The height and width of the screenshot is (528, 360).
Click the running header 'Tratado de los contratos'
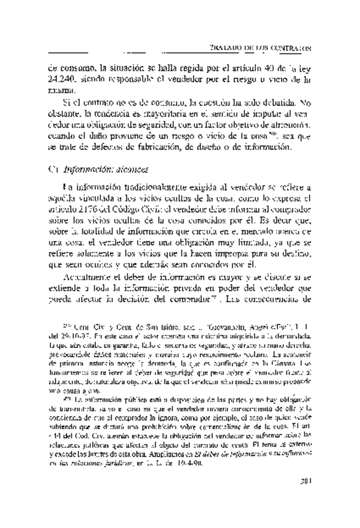262,47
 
